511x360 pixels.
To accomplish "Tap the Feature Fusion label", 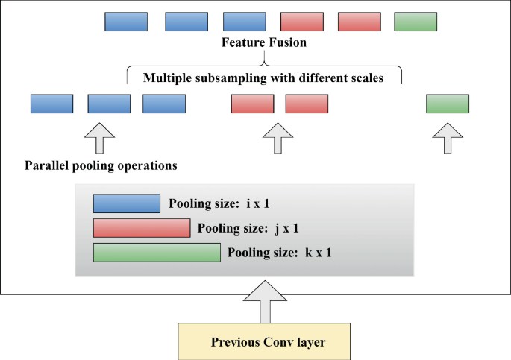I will (x=263, y=43).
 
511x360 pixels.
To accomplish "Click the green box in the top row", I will (x=415, y=22).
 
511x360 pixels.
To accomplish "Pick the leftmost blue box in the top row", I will (x=126, y=22).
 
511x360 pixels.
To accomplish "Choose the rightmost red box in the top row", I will (x=359, y=22).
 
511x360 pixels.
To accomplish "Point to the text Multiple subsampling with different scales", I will (x=263, y=78).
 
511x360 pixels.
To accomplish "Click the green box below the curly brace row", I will (x=448, y=104).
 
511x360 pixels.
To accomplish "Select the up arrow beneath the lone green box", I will (x=448, y=139).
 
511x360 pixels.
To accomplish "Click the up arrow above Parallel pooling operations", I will (x=101, y=139).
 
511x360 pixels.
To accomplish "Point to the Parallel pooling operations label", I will (x=101, y=165).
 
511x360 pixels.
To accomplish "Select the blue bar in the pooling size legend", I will (x=127, y=203).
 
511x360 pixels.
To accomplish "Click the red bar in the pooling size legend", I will (x=142, y=228).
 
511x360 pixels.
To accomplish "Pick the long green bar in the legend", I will (x=157, y=253).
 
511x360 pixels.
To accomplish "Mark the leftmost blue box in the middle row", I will (x=51, y=104).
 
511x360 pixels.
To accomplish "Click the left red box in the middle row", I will (x=252, y=104).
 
